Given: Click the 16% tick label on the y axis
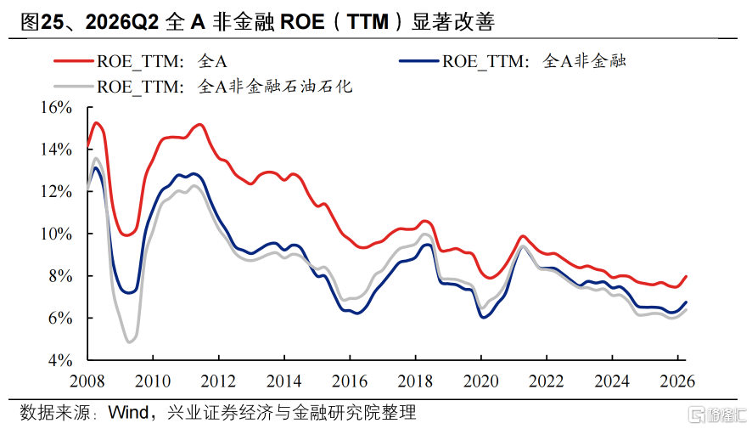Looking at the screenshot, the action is (x=56, y=108).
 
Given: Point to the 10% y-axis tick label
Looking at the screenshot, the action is (x=56, y=234).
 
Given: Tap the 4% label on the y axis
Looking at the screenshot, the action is (x=60, y=360).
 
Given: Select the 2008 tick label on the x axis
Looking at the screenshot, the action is (x=87, y=381).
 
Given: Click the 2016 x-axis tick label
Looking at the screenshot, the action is (x=350, y=381).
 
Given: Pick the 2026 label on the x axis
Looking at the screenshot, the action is (x=677, y=381).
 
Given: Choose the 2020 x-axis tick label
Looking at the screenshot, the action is (x=480, y=381).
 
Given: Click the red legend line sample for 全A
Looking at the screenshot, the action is (x=73, y=61).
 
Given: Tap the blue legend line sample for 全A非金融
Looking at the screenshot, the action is (x=418, y=61).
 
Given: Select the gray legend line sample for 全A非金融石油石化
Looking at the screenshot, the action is (x=73, y=87).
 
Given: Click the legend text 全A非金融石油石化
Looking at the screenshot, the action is (x=275, y=87).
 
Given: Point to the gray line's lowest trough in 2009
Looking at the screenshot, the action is (x=129, y=342).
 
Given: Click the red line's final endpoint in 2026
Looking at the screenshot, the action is (x=687, y=276).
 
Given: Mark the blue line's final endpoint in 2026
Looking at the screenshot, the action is (x=687, y=302).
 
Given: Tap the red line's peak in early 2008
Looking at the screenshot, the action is (x=96, y=123).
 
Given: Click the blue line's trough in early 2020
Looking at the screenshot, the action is (x=483, y=317).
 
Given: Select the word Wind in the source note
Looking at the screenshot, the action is (x=128, y=412).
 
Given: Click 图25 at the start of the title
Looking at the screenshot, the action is (x=42, y=22).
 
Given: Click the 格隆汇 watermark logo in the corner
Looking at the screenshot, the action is (x=717, y=415).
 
